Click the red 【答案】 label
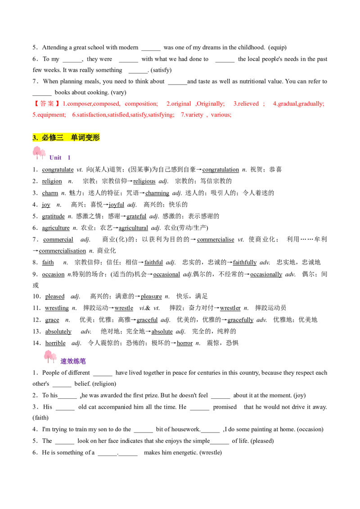tap(46, 104)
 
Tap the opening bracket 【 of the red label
tap(35, 104)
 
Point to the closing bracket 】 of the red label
tap(58, 104)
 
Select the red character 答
tap(43, 104)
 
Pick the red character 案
tap(50, 104)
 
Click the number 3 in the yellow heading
tap(35, 138)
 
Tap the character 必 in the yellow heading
tap(45, 138)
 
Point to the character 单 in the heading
tap(75, 138)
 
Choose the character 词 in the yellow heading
tap(82, 138)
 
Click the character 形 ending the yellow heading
tap(96, 138)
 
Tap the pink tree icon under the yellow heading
tap(39, 152)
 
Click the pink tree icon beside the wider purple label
tap(50, 356)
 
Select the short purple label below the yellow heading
tap(59, 158)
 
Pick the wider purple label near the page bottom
tap(72, 361)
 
